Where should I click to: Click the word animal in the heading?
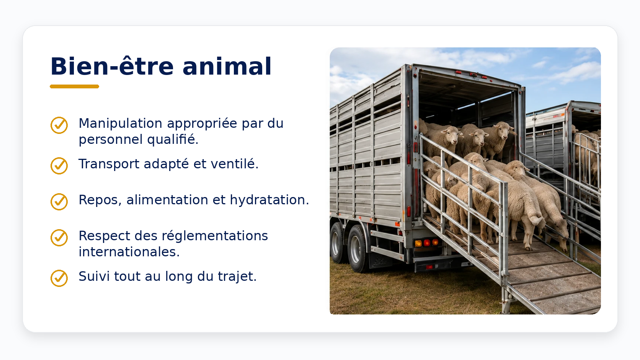coord(227,67)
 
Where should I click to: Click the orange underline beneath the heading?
coord(75,86)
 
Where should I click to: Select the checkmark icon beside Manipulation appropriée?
coord(59,125)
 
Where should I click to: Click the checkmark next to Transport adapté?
coord(59,166)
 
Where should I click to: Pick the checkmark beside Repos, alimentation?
coord(59,202)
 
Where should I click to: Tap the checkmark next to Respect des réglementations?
coord(59,238)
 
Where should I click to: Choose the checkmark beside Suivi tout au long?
coord(59,278)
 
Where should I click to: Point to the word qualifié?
coord(173,140)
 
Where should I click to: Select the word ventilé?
coord(235,164)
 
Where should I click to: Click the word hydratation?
coord(269,200)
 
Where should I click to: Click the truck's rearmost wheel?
coord(357,248)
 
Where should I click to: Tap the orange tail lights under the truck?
coord(427,243)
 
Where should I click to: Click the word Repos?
coord(98,200)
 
